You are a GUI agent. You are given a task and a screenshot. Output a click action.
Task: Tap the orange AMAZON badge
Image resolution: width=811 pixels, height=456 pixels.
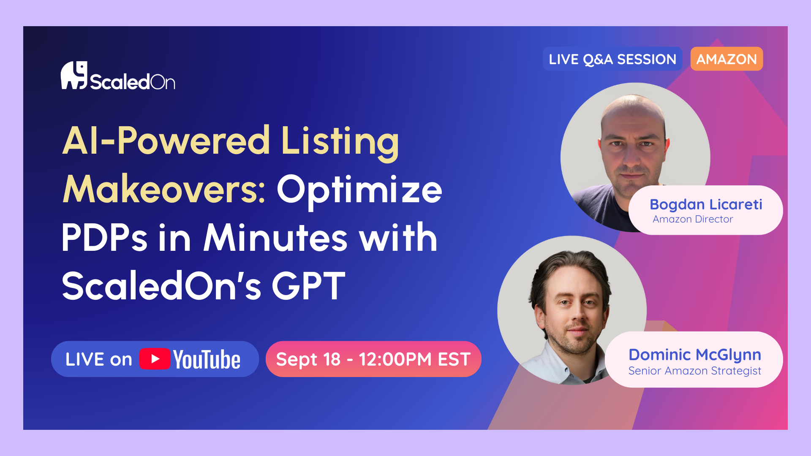(727, 59)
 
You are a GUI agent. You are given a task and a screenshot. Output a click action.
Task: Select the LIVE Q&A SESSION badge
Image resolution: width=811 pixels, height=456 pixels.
(612, 59)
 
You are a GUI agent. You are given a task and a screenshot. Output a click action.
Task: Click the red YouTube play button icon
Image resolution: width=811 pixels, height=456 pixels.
(155, 359)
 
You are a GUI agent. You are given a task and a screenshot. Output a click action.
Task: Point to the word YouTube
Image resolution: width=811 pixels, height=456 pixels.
(207, 359)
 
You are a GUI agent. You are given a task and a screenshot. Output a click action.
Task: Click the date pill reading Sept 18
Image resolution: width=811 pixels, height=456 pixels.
(373, 359)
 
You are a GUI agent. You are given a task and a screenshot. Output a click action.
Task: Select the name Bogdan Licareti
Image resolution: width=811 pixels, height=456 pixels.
(706, 204)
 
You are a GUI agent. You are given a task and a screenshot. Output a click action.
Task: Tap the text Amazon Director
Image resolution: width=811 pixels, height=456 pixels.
(693, 219)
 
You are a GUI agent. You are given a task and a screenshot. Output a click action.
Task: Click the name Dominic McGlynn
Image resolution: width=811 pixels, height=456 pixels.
(695, 355)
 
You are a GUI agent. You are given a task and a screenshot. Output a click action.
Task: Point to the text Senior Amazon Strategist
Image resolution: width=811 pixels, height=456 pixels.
(695, 371)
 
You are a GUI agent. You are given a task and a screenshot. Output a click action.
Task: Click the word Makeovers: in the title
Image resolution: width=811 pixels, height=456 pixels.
(164, 189)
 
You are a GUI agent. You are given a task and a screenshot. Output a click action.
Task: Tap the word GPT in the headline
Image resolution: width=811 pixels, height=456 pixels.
(309, 286)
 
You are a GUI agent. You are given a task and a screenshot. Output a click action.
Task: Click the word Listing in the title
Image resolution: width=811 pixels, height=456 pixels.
(340, 142)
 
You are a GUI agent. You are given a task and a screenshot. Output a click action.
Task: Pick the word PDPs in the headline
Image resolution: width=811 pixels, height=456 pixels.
(104, 237)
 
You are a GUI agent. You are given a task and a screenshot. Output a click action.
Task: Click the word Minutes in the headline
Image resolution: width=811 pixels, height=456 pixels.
(276, 237)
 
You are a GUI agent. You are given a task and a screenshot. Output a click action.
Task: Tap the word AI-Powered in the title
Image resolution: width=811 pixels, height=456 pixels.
(166, 141)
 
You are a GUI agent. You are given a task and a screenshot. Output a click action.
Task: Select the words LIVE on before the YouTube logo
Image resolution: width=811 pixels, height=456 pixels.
(99, 359)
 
